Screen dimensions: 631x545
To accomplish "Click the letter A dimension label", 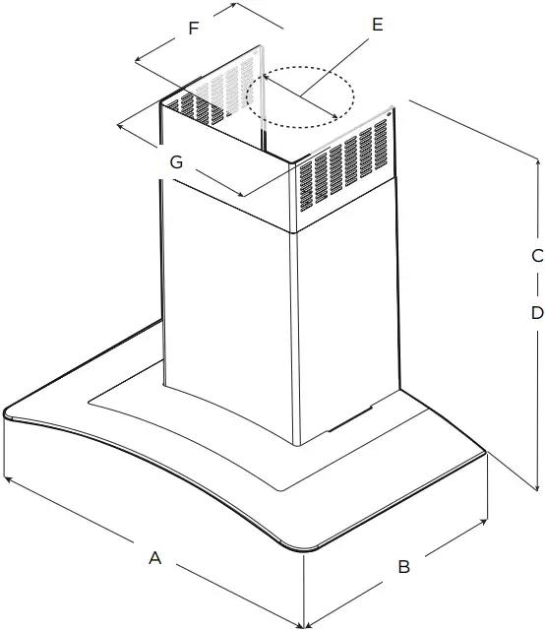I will [x=154, y=558].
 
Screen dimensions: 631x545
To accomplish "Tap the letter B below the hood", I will [x=403, y=567].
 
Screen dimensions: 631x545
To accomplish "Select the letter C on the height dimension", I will [x=537, y=256].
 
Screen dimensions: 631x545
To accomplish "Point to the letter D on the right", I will [x=537, y=314].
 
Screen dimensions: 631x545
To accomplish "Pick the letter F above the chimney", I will [x=194, y=29].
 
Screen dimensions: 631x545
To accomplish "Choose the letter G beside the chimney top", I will [x=176, y=163].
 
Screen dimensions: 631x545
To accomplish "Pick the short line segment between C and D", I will [x=537, y=285].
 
